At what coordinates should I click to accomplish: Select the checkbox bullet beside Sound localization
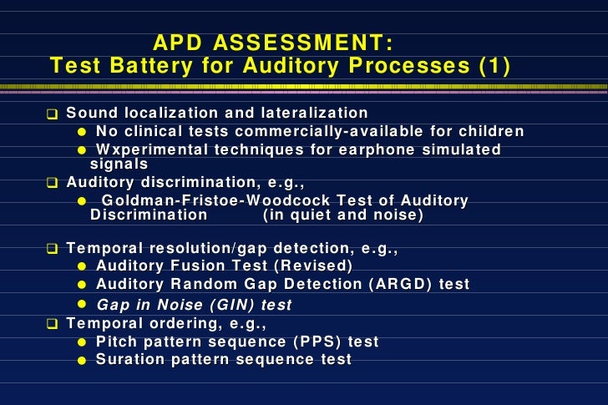pos(53,114)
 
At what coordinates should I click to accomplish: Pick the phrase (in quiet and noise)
pos(342,215)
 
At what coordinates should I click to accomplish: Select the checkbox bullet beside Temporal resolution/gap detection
pos(53,249)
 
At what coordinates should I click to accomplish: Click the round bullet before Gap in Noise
pos(82,304)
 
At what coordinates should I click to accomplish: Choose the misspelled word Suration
pos(128,359)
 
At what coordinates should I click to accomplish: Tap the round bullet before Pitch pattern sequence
pos(82,342)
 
